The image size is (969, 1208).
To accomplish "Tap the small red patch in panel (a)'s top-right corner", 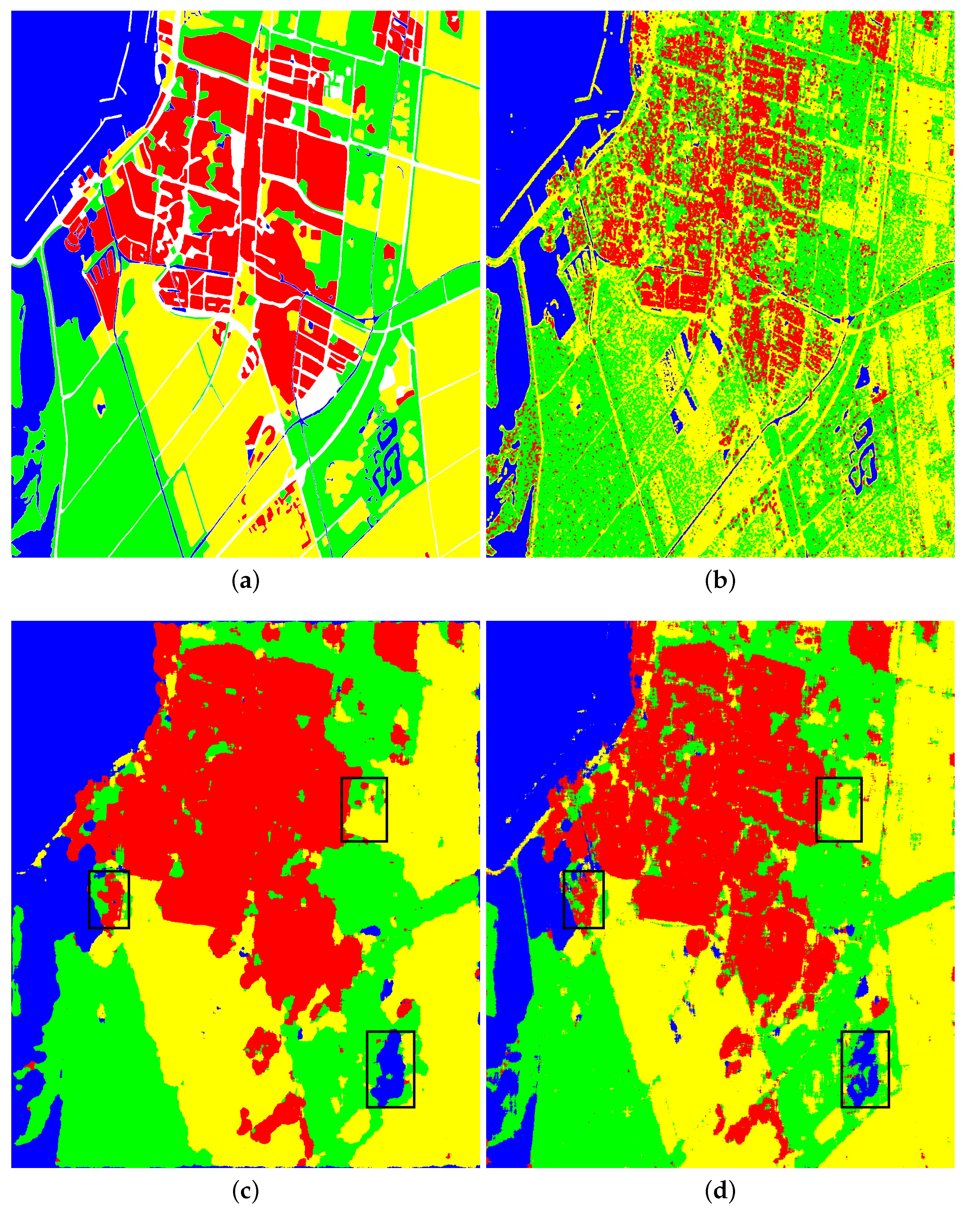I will tap(453, 22).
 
